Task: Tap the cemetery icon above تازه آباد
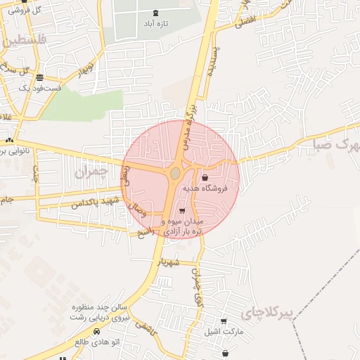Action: tap(155, 13)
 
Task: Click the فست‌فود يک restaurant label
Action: tap(40, 89)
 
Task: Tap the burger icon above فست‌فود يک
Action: tap(39, 77)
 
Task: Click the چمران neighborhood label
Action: tap(91, 171)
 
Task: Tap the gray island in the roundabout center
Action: tap(175, 173)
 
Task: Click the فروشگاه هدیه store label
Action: tap(205, 188)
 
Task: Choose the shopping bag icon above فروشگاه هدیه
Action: tap(205, 177)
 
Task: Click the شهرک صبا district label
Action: tap(334, 145)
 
